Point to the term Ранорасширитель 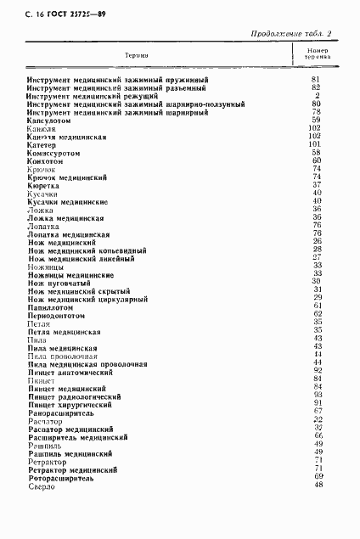60,412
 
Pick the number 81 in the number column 316,79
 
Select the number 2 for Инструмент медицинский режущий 316,95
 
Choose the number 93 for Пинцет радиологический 316,395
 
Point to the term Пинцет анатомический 70,371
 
